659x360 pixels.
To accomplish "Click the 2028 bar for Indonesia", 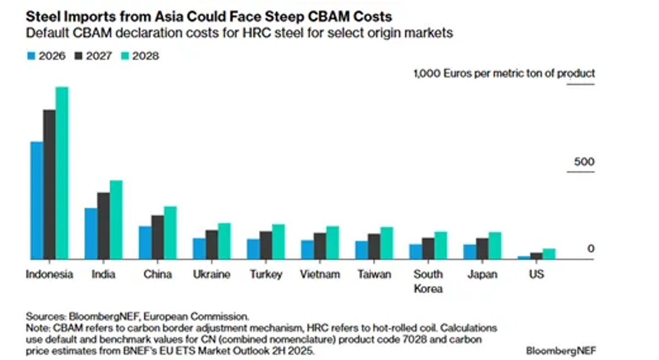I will (62, 173).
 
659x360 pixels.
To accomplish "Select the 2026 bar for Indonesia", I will (37, 200).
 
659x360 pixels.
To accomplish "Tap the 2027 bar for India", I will (103, 226).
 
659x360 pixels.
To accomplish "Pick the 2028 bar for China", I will (171, 232).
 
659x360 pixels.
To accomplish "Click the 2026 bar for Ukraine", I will (199, 248).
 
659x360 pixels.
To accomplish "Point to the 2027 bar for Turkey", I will (266, 245).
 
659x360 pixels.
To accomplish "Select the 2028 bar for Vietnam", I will (333, 242).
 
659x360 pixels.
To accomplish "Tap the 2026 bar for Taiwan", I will (361, 250).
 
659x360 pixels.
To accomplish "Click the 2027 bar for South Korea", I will (428, 248).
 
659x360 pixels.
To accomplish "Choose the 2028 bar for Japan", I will (495, 245).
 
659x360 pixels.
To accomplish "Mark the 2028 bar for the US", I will (549, 254).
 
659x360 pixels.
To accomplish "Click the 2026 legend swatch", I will (31, 55).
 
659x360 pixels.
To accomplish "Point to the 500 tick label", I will (584, 162).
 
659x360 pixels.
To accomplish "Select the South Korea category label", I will (428, 281).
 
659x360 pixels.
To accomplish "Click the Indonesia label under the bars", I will (49, 274).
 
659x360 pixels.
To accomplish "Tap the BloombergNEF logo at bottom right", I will (561, 349).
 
